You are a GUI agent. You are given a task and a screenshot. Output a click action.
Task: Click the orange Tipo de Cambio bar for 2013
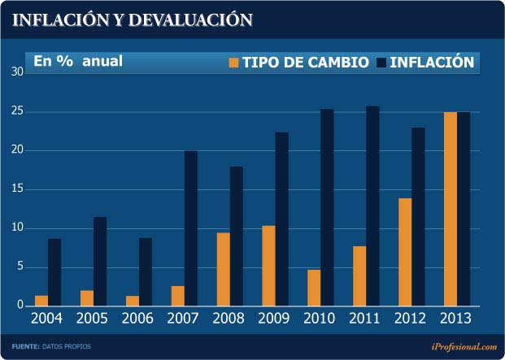pyautogui.click(x=450, y=209)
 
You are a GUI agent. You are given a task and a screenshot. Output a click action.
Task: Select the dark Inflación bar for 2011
pyautogui.click(x=372, y=206)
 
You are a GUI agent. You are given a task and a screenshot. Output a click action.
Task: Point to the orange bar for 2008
pyautogui.click(x=223, y=269)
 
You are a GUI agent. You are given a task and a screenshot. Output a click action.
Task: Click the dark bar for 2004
pyautogui.click(x=54, y=272)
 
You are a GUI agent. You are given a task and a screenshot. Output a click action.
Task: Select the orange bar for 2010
pyautogui.click(x=313, y=287)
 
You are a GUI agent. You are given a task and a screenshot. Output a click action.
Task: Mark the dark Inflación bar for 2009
pyautogui.click(x=282, y=219)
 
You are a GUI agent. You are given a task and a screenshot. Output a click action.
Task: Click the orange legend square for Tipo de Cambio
pyautogui.click(x=235, y=63)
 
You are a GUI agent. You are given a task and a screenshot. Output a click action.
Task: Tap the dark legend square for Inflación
pyautogui.click(x=382, y=63)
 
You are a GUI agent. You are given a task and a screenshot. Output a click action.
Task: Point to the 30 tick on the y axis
pyautogui.click(x=17, y=72)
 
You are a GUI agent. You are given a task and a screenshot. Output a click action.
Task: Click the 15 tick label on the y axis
pyautogui.click(x=17, y=189)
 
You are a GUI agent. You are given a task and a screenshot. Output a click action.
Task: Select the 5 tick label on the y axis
pyautogui.click(x=20, y=267)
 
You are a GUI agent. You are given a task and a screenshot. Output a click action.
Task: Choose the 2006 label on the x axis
pyautogui.click(x=138, y=318)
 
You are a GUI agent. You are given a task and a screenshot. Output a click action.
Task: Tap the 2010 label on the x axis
pyautogui.click(x=320, y=318)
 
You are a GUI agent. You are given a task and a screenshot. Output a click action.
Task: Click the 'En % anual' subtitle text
pyautogui.click(x=77, y=61)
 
